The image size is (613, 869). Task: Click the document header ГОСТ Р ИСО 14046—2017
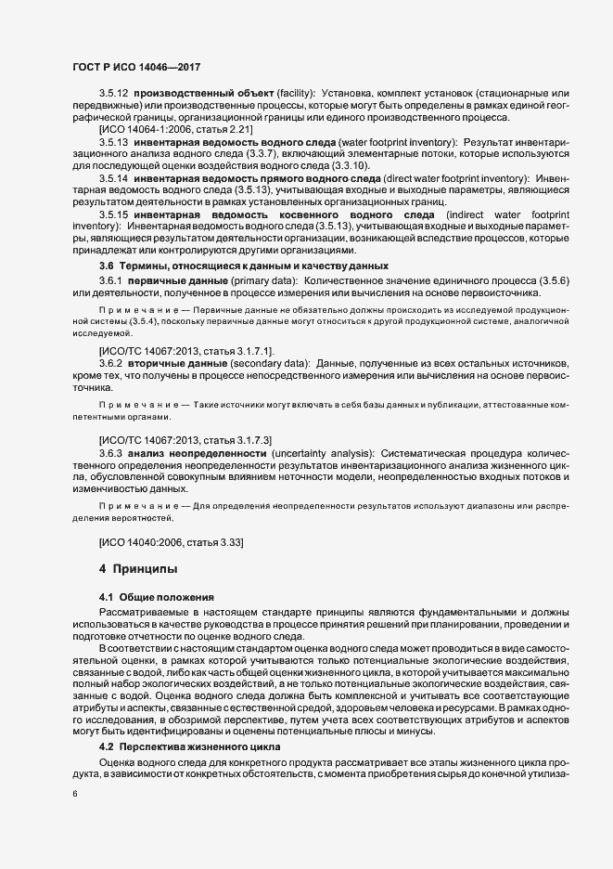click(x=136, y=67)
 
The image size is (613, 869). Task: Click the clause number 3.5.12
click(x=114, y=95)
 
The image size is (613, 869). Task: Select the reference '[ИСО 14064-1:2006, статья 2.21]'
click(x=175, y=128)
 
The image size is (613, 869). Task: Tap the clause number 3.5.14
click(x=114, y=176)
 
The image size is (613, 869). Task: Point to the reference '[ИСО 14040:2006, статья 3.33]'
click(x=172, y=540)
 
